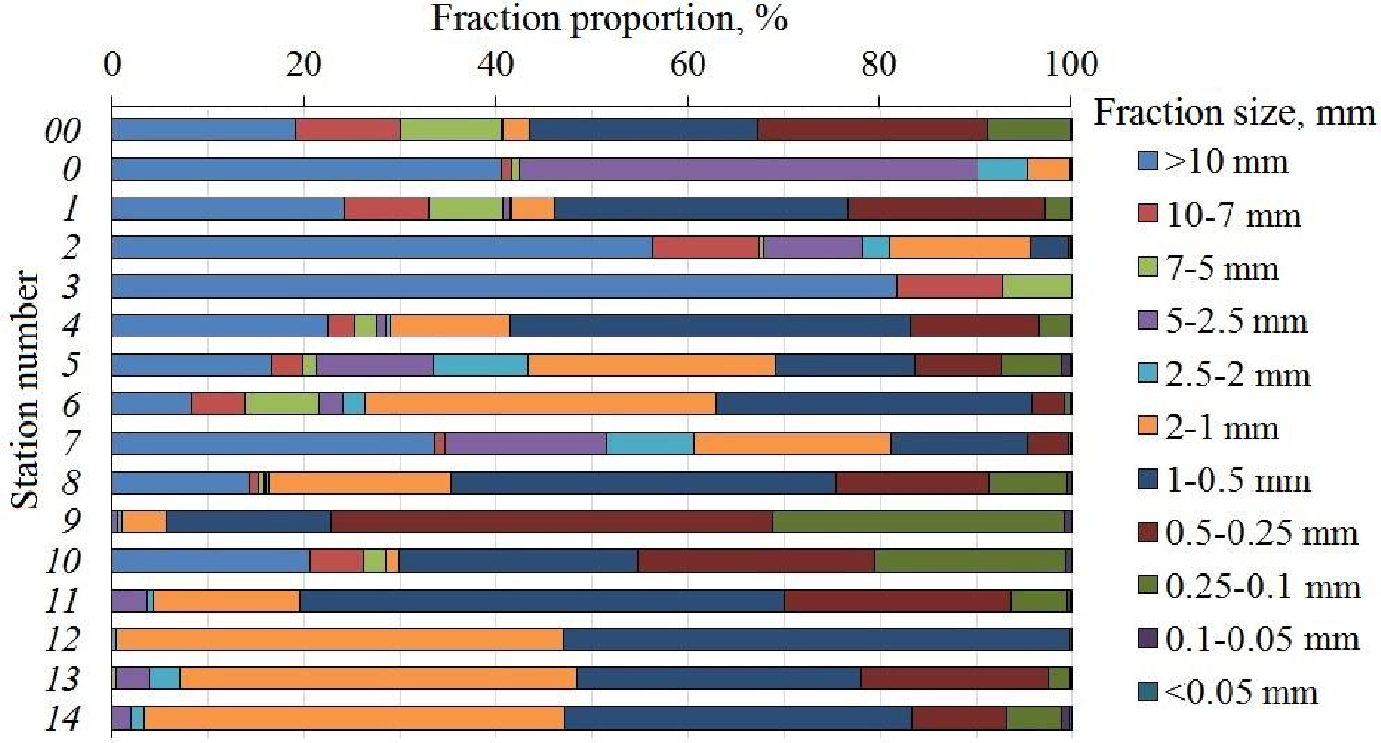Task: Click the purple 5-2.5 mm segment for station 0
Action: [x=748, y=169]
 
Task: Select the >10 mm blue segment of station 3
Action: [x=504, y=287]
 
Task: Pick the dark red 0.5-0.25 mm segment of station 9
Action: [x=551, y=522]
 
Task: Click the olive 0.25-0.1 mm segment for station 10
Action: [x=969, y=561]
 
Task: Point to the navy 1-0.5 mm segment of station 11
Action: [x=541, y=600]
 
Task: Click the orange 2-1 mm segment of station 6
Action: [x=541, y=404]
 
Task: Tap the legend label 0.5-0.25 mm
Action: [x=1264, y=533]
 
